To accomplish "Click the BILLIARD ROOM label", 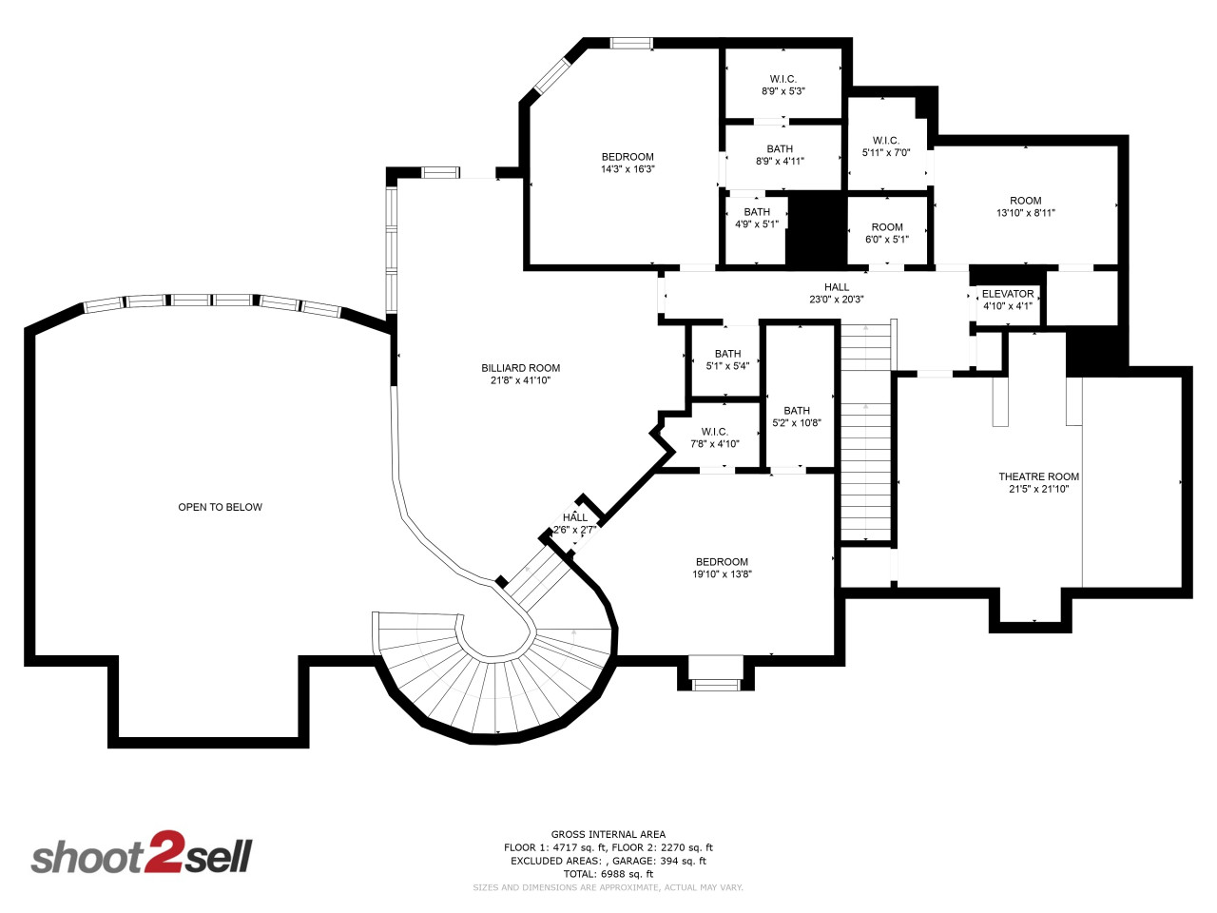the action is (520, 368).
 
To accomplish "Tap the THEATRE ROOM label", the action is (1038, 476).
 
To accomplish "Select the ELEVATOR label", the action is (1008, 294).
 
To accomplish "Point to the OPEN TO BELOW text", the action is (221, 507).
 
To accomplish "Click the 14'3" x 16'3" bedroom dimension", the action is (628, 169).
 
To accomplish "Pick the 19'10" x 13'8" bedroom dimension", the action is (722, 574).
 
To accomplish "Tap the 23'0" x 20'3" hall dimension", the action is (836, 300).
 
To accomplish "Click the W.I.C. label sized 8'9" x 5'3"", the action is (782, 79).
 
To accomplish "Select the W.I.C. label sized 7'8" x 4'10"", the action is (714, 432).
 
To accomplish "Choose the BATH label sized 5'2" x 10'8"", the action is (796, 411).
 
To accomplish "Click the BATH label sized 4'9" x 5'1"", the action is (756, 212).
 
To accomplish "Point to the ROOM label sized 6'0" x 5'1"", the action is (886, 227).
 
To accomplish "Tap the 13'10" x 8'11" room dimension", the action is (1025, 213).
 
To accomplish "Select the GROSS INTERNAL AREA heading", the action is (608, 834).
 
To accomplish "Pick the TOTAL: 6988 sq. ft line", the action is (608, 874).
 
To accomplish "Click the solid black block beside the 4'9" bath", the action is (817, 228).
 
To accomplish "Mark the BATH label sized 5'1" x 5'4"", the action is (727, 354).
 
